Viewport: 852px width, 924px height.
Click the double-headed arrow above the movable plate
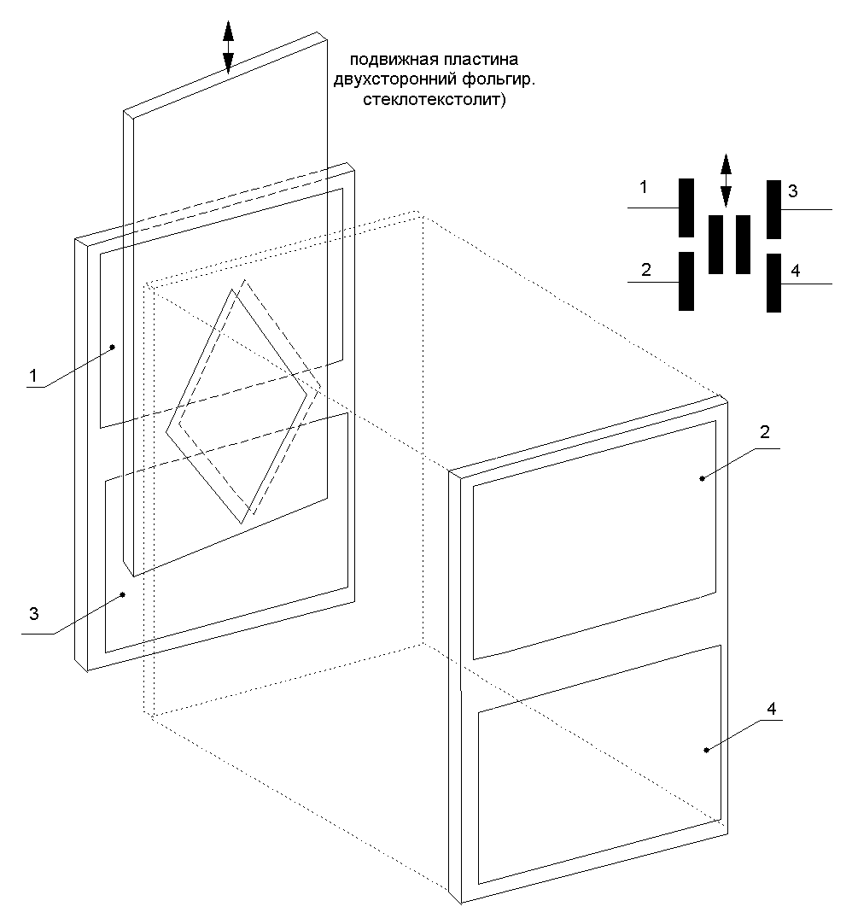[228, 47]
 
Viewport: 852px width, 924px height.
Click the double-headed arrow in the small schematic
[726, 179]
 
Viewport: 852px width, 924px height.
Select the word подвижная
[387, 60]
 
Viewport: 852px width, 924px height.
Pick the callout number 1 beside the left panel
[33, 376]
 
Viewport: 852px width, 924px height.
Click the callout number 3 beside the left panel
[34, 613]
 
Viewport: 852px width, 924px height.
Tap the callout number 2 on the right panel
[765, 432]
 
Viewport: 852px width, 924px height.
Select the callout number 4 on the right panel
[771, 709]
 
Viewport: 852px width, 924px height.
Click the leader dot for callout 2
[702, 478]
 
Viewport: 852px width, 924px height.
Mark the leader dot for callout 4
[706, 750]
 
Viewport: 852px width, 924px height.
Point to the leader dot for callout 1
[113, 347]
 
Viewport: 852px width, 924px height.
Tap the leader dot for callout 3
[123, 594]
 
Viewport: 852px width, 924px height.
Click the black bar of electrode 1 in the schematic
[686, 208]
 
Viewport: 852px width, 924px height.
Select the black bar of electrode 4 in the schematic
[773, 283]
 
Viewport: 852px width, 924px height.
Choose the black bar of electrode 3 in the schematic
[773, 210]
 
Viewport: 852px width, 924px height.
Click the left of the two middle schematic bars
[716, 244]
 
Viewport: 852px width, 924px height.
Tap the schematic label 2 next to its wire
[646, 270]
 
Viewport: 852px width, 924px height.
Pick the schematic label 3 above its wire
[793, 191]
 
